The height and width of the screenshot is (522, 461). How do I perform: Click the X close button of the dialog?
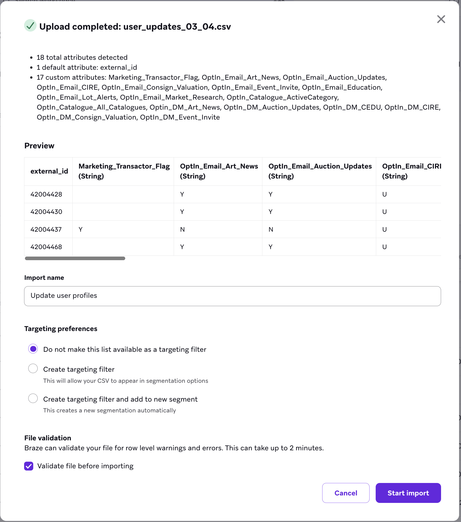pyautogui.click(x=441, y=19)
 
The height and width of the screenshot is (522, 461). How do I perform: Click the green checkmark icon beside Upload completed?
pyautogui.click(x=30, y=26)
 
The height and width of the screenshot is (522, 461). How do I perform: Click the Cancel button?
pyautogui.click(x=345, y=493)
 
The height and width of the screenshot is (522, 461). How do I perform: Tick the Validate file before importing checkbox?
pyautogui.click(x=29, y=466)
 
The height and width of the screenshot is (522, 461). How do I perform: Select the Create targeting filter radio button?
pyautogui.click(x=33, y=369)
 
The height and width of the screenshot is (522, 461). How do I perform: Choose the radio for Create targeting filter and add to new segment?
pyautogui.click(x=33, y=399)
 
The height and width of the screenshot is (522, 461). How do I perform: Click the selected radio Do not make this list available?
pyautogui.click(x=33, y=349)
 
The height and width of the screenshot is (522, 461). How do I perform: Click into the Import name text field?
pyautogui.click(x=232, y=296)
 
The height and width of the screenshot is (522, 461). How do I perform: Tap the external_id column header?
pyautogui.click(x=49, y=171)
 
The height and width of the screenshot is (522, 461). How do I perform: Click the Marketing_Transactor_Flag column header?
pyautogui.click(x=124, y=171)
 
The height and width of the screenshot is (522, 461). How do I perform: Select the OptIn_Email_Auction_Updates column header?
pyautogui.click(x=320, y=171)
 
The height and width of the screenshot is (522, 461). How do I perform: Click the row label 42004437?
pyautogui.click(x=46, y=229)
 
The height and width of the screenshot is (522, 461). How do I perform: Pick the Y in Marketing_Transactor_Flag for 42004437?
pyautogui.click(x=81, y=229)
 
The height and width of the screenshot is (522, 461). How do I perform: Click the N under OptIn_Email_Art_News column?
pyautogui.click(x=182, y=229)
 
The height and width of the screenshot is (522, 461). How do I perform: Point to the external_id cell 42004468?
pyautogui.click(x=46, y=247)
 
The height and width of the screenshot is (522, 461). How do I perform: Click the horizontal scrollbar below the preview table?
pyautogui.click(x=75, y=258)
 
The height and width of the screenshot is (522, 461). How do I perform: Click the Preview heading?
pyautogui.click(x=39, y=146)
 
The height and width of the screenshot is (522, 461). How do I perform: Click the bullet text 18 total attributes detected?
pyautogui.click(x=82, y=58)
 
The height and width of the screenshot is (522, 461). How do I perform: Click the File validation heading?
pyautogui.click(x=48, y=438)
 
